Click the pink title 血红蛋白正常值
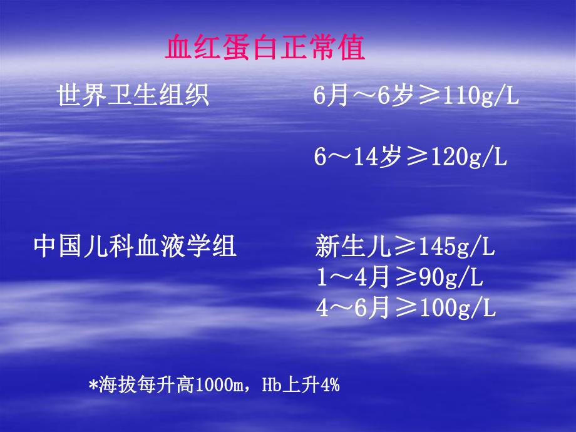tap(265, 49)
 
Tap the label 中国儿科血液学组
tap(135, 247)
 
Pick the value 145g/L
tap(456, 247)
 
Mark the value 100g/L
tap(456, 308)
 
